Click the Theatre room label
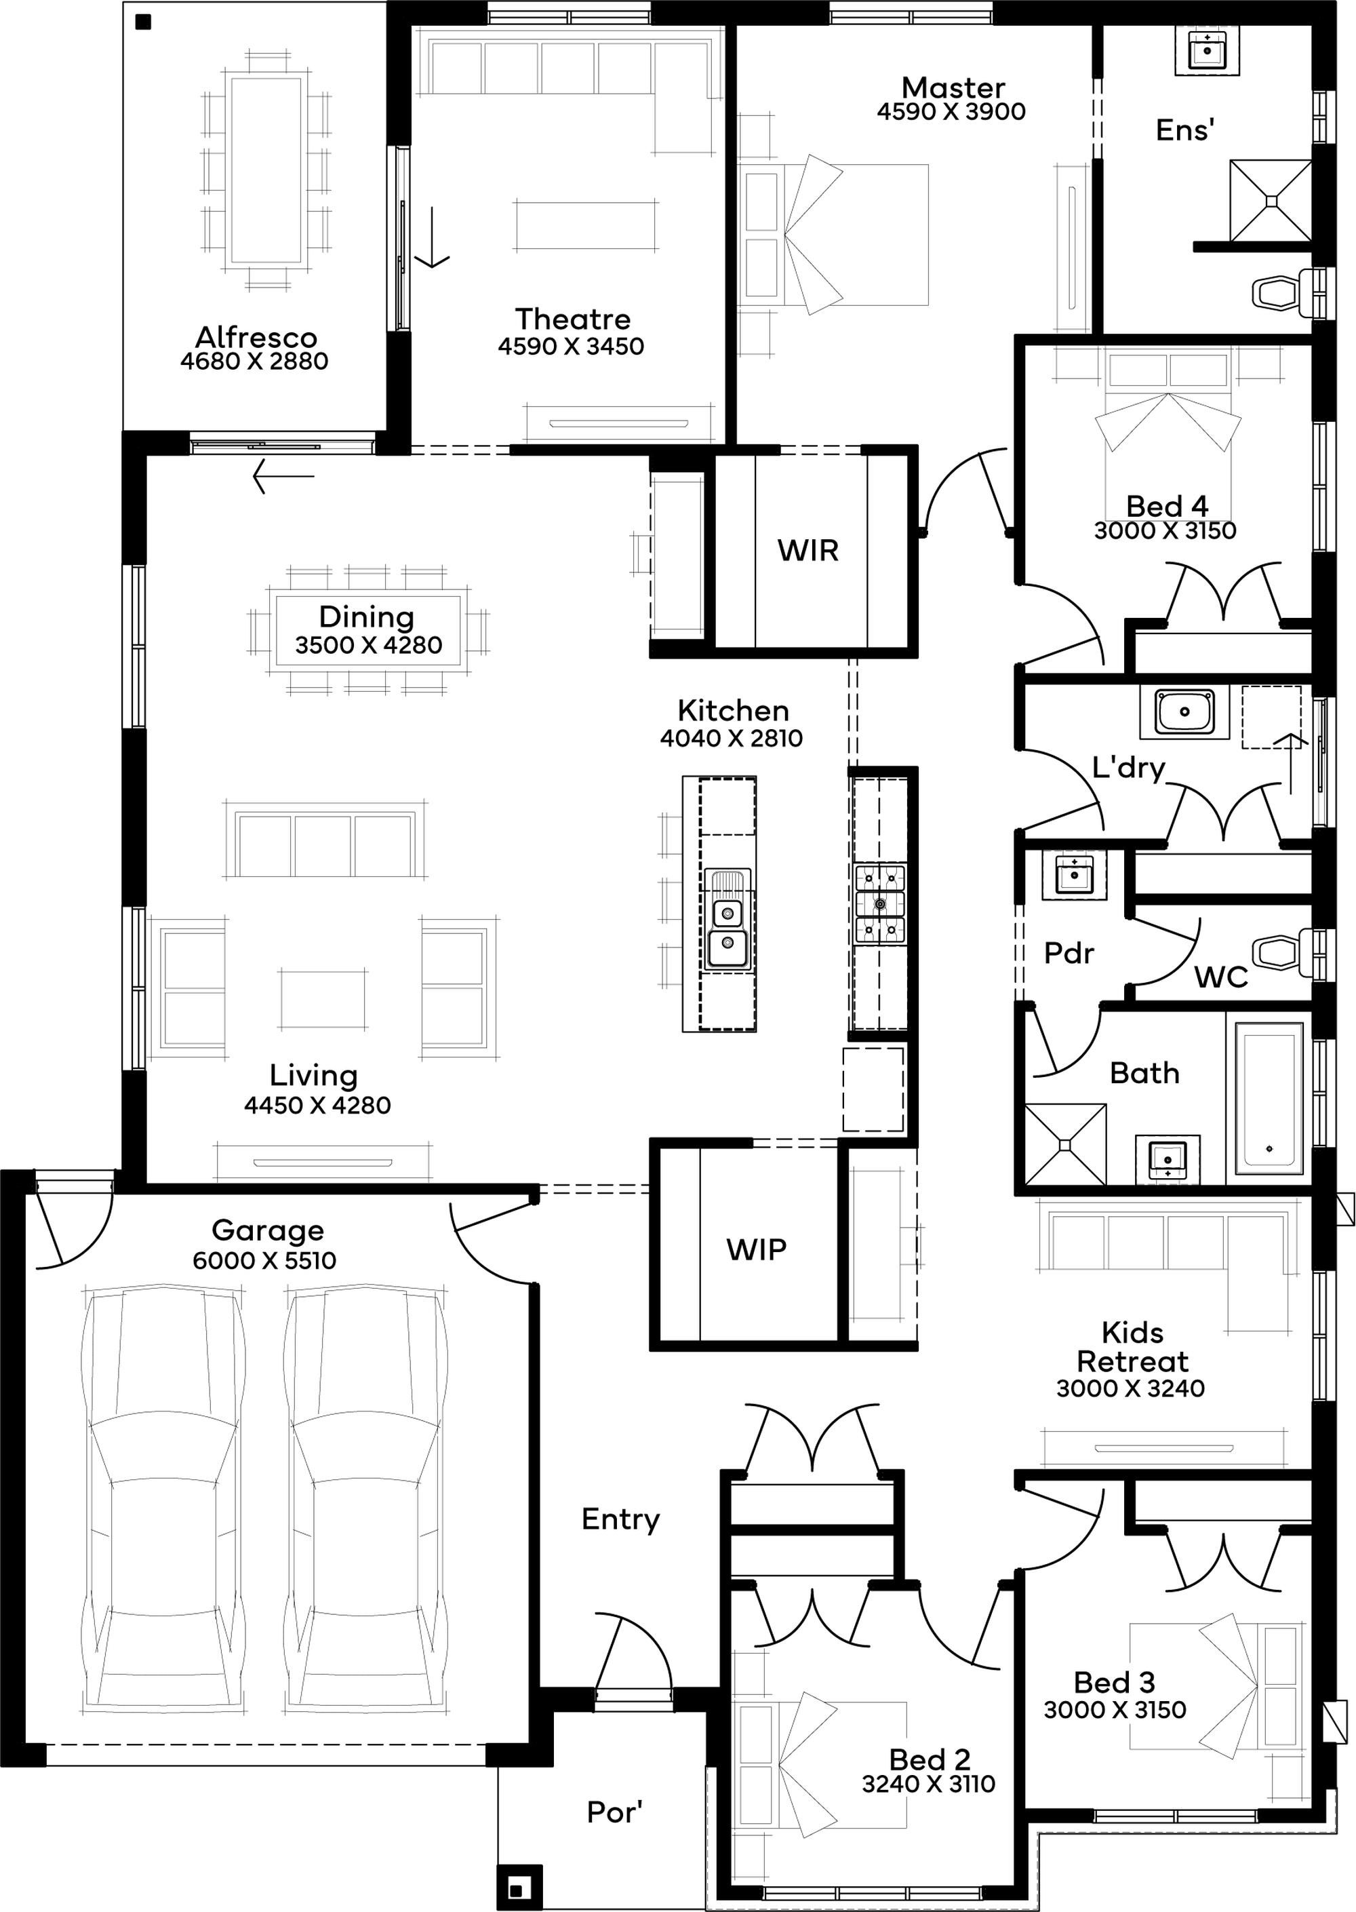[x=573, y=318]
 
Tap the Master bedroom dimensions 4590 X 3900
[x=951, y=112]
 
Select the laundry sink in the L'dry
[x=1186, y=711]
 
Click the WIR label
[x=807, y=551]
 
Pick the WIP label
[x=756, y=1249]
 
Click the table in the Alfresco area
[x=266, y=170]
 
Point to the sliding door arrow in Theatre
[x=433, y=237]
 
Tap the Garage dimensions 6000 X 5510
[x=264, y=1260]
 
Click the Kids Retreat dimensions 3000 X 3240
[x=1130, y=1388]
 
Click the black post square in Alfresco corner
[x=144, y=23]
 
